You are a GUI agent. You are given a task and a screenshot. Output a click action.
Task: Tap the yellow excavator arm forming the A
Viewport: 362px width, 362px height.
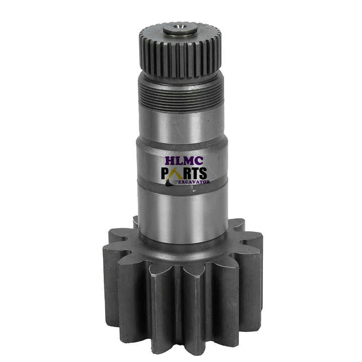coord(177,173)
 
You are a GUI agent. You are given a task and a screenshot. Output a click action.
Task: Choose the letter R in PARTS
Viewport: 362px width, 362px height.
coord(188,174)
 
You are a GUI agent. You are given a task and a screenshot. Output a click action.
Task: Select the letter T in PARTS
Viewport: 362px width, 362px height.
coord(197,174)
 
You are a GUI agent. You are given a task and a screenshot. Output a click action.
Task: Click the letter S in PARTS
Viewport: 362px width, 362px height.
coord(205,174)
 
